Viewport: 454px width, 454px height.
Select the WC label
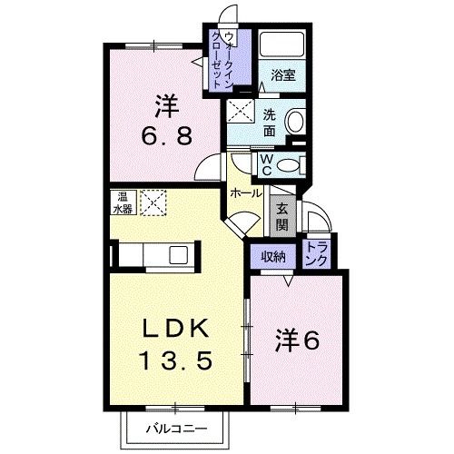[x=270, y=163]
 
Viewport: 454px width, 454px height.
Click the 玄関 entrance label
[x=282, y=215]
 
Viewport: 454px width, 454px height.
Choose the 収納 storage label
[x=273, y=256]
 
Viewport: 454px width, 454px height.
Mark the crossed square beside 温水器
[x=151, y=202]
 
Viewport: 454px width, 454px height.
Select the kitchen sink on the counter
[x=176, y=253]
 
